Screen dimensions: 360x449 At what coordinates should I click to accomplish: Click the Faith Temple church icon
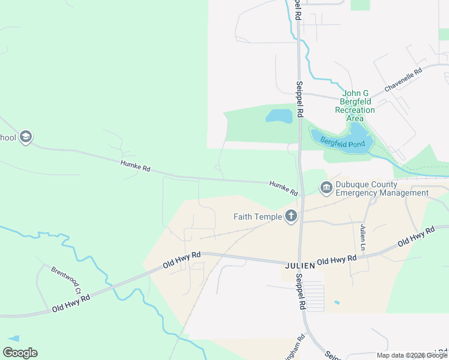coord(291,216)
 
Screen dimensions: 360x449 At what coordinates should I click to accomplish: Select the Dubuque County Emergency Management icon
coord(326,188)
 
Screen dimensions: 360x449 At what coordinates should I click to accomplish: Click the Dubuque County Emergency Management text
coord(382,188)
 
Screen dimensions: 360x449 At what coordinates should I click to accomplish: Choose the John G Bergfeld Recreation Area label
coord(355,106)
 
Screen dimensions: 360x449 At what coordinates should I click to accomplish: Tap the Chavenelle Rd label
coord(403,79)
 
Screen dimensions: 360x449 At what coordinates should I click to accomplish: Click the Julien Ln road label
coord(363,238)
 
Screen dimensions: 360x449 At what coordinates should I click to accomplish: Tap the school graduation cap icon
coord(25,137)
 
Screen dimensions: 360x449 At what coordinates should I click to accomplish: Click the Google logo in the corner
coord(20,353)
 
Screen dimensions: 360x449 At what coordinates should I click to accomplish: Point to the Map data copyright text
coord(412,355)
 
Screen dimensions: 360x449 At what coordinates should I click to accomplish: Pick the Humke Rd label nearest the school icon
coord(135,166)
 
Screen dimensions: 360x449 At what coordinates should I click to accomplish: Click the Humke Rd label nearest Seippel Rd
coord(283,188)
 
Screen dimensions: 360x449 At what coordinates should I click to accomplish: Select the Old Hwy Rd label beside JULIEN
coord(337,260)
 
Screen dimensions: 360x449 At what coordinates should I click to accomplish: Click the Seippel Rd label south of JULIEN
coord(300,292)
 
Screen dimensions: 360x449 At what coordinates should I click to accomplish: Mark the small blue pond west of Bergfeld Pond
coord(279,116)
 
